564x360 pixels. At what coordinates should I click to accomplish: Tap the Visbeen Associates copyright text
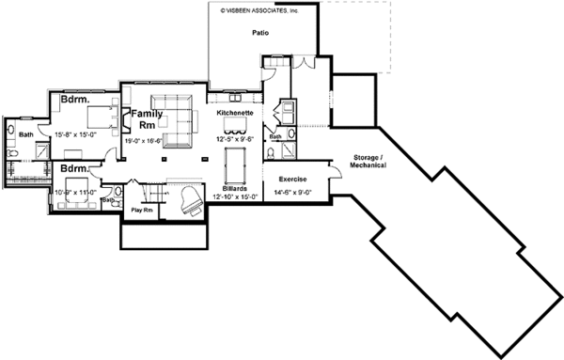tap(258, 11)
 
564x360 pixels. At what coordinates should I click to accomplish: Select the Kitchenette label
tap(233, 113)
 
